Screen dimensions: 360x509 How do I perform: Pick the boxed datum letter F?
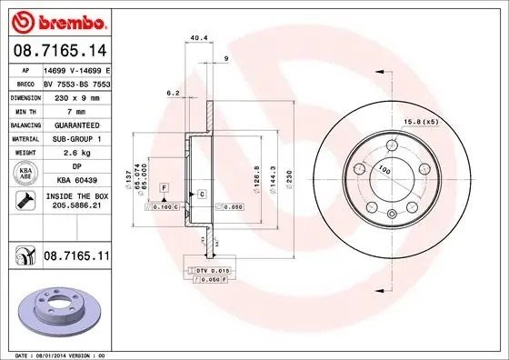[164, 187]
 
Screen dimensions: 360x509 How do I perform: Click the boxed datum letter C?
[201, 195]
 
